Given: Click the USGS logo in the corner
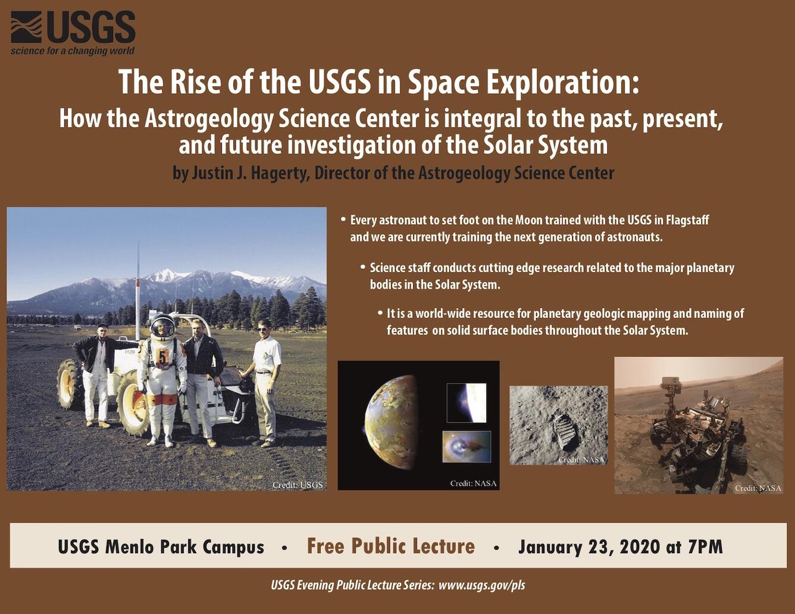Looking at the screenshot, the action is pos(73,27).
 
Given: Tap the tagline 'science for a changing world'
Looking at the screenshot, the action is pos(73,51).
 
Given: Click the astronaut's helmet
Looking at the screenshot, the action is pos(162,327).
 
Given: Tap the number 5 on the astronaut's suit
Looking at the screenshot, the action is pos(162,358).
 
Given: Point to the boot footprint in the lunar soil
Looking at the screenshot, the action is pos(566,432).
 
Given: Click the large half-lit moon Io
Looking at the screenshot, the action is pos(391,422).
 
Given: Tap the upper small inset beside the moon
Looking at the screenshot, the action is pos(467,403).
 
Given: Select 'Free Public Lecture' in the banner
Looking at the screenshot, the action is pos(391,546).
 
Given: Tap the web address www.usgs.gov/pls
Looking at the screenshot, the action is pos(482,585).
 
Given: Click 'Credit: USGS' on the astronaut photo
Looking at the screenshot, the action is pos(298,484).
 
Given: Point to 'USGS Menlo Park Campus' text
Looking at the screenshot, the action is pos(161,547).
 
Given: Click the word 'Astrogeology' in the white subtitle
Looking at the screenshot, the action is pos(208,119).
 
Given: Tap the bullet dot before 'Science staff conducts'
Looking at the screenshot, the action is pos(362,268).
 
